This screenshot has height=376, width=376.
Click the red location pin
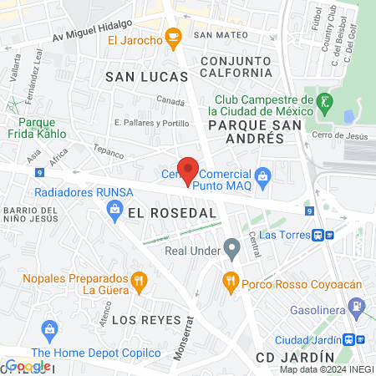coord(188,169)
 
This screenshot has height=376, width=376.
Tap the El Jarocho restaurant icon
coord(173,35)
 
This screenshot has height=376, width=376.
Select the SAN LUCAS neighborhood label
coord(138,76)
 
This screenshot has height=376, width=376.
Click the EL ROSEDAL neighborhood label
coord(172,213)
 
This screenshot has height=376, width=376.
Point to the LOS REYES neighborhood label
coord(135,321)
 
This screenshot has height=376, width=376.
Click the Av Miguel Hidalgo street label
coord(94,32)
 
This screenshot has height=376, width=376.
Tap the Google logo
coord(28,365)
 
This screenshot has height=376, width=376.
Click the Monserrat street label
coord(189,337)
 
